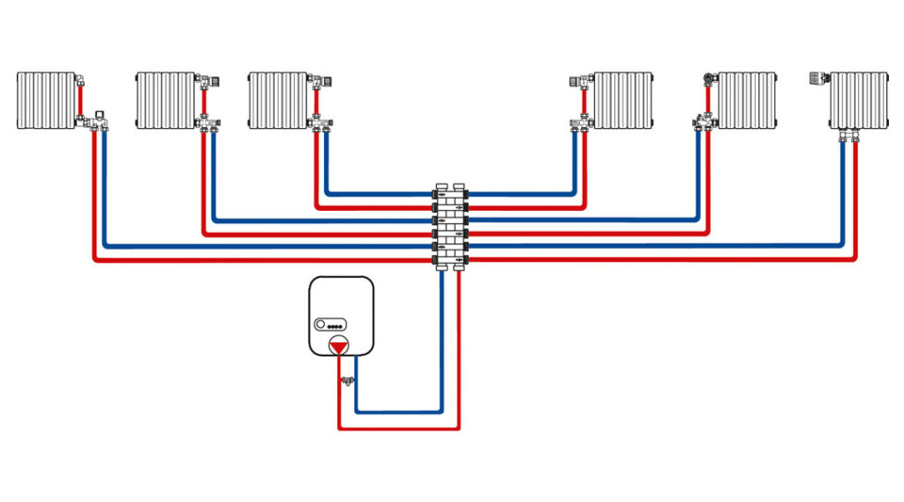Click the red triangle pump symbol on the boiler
(x=338, y=346)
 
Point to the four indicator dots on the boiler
(x=337, y=324)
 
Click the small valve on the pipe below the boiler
(x=347, y=381)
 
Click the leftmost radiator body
(x=46, y=101)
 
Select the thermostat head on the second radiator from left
(x=215, y=81)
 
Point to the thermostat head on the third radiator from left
(x=326, y=81)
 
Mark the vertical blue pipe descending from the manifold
(x=441, y=344)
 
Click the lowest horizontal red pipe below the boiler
(x=397, y=429)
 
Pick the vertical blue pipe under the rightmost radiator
(x=842, y=194)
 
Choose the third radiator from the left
(x=277, y=101)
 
